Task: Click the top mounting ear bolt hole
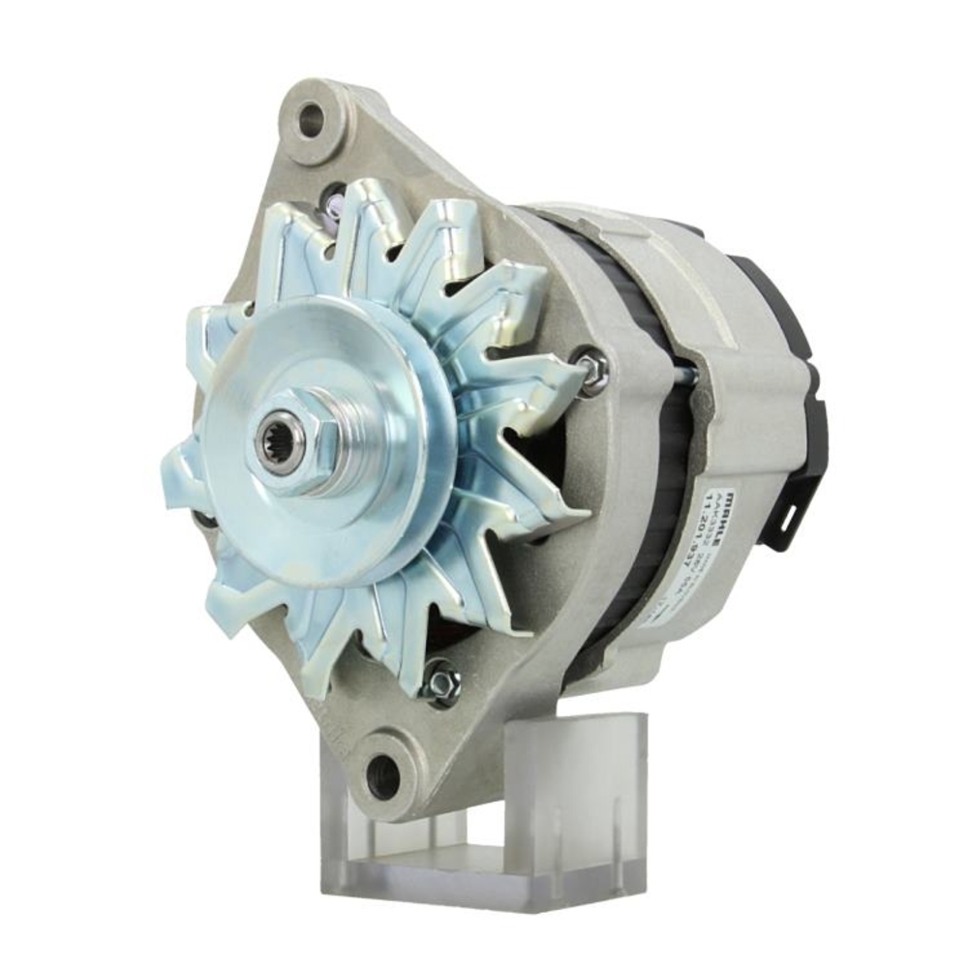pyautogui.click(x=311, y=121)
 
